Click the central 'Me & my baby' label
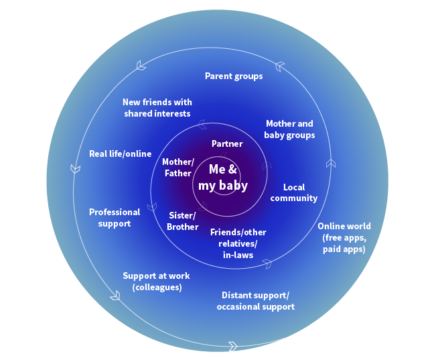point(223,178)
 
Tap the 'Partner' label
point(227,144)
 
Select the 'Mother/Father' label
point(178,168)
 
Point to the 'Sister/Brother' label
point(182,221)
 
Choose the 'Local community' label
point(294,193)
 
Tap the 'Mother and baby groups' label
point(289,129)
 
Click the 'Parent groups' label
point(234,76)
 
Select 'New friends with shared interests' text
point(157,108)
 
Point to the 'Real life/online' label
point(121,154)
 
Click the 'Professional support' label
point(115,218)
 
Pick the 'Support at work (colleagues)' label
point(156,282)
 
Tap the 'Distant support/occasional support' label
point(255,301)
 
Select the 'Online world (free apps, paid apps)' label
point(344,237)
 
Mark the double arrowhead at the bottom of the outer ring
point(233,346)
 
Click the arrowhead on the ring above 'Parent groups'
point(280,66)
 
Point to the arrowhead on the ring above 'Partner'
point(202,125)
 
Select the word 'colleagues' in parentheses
point(157,288)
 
